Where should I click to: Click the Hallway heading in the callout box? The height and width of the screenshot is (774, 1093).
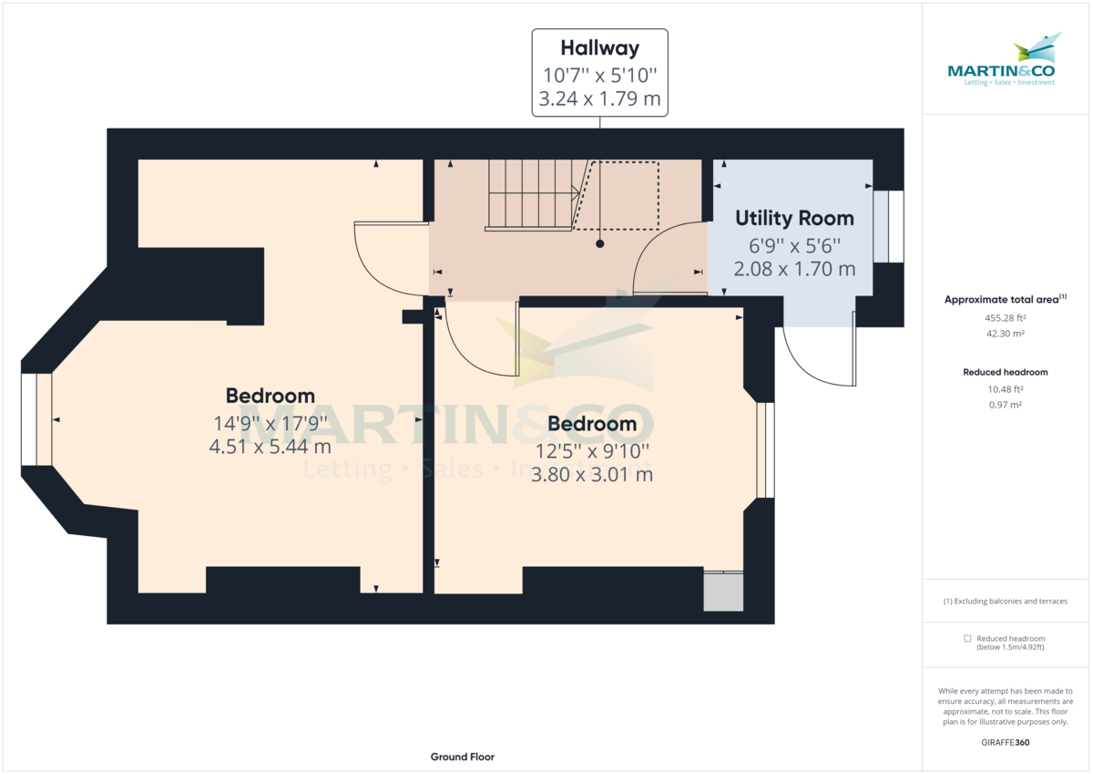click(599, 48)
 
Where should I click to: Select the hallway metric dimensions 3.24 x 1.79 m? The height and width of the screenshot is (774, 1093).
click(599, 99)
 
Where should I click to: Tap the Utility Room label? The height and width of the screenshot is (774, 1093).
click(794, 219)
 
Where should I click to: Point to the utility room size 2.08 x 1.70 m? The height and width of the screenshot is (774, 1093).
click(794, 269)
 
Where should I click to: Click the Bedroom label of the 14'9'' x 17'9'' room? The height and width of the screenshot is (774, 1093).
click(271, 396)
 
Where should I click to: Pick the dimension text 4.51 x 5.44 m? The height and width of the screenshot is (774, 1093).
click(271, 447)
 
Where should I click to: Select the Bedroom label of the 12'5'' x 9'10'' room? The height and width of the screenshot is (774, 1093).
click(592, 424)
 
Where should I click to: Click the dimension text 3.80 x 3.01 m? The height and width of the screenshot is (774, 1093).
click(592, 475)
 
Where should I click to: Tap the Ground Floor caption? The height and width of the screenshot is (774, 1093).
click(463, 757)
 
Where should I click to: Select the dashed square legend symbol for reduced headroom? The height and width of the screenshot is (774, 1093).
click(968, 638)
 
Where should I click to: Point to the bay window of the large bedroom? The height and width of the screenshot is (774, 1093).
click(36, 419)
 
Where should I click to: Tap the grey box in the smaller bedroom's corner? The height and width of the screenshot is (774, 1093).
click(724, 592)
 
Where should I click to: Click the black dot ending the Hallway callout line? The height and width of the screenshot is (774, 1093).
click(600, 244)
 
